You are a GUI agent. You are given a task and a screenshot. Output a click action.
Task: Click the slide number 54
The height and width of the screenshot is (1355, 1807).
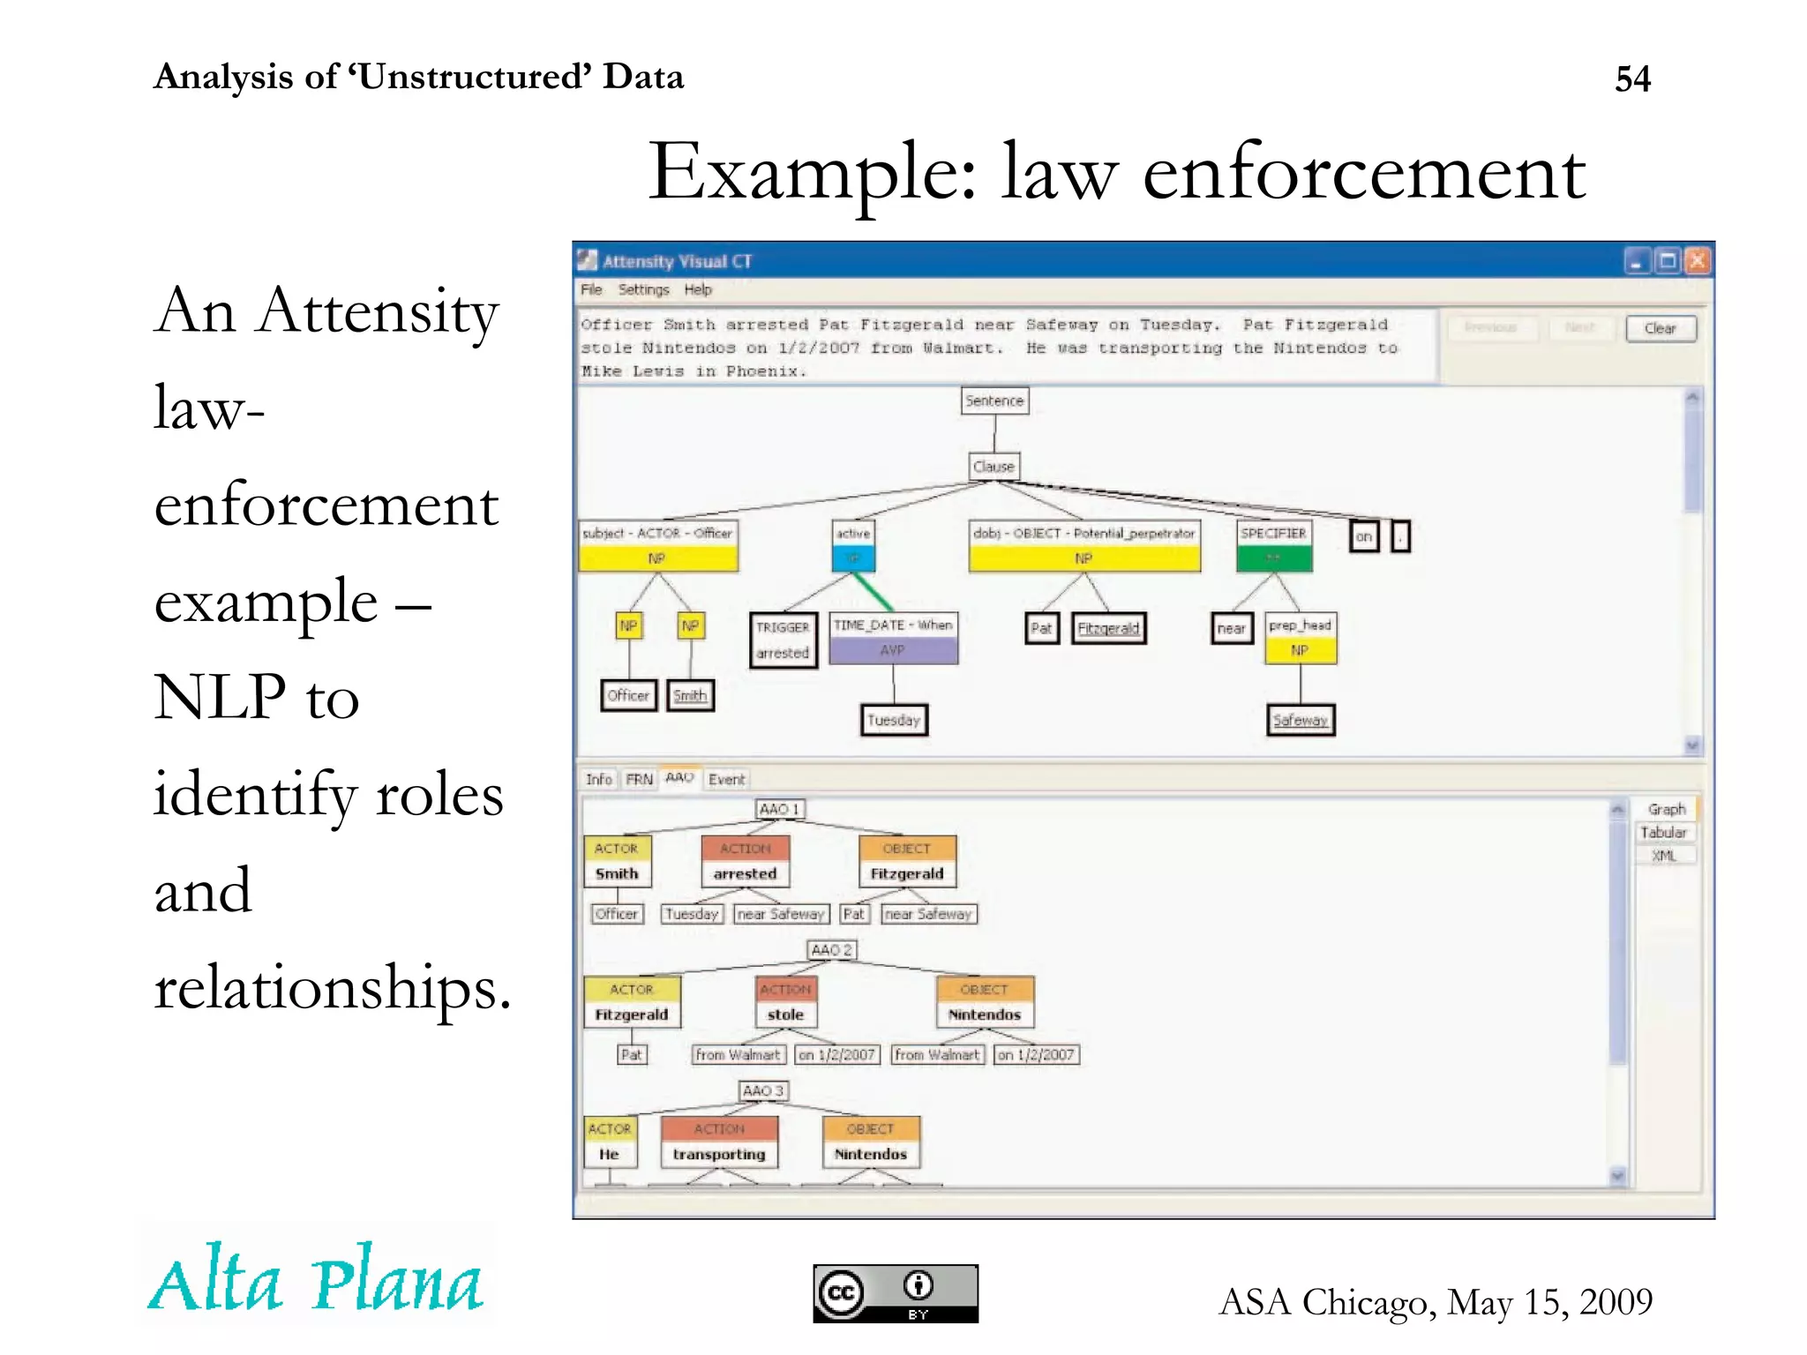pyautogui.click(x=1632, y=79)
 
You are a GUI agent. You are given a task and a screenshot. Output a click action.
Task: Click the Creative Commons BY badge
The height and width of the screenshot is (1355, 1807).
pyautogui.click(x=895, y=1293)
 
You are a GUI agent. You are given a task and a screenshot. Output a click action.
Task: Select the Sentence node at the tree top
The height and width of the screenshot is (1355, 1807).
pyautogui.click(x=994, y=401)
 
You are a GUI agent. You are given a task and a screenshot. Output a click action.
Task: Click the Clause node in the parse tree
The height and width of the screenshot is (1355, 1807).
pyautogui.click(x=993, y=467)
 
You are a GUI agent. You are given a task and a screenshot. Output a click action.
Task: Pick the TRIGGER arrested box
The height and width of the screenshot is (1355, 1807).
pyautogui.click(x=783, y=640)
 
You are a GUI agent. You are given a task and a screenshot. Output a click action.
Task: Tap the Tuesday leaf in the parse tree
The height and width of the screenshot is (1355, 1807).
pyautogui.click(x=894, y=720)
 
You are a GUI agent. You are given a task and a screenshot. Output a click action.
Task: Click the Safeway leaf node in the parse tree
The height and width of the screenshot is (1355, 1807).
pyautogui.click(x=1300, y=720)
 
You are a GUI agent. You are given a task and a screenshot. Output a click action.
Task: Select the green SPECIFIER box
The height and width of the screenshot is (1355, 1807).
pyautogui.click(x=1273, y=546)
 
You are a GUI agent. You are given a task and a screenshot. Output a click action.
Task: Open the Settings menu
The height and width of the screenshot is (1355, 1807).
pyautogui.click(x=643, y=289)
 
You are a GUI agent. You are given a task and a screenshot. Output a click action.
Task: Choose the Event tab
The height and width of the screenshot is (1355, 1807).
pyautogui.click(x=726, y=780)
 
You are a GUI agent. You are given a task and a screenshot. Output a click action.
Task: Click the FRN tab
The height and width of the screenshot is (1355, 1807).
pyautogui.click(x=639, y=780)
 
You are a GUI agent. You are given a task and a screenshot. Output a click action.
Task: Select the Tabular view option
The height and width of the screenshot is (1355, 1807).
pyautogui.click(x=1663, y=833)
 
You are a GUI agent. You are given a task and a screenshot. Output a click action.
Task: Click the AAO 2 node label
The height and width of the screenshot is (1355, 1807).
pyautogui.click(x=831, y=950)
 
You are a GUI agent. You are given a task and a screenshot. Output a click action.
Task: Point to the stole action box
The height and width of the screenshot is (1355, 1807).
pyautogui.click(x=785, y=1003)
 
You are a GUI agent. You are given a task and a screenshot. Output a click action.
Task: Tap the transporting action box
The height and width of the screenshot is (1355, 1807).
pyautogui.click(x=719, y=1142)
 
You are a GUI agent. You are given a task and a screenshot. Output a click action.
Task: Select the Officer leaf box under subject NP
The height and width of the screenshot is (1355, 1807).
pyautogui.click(x=628, y=695)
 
